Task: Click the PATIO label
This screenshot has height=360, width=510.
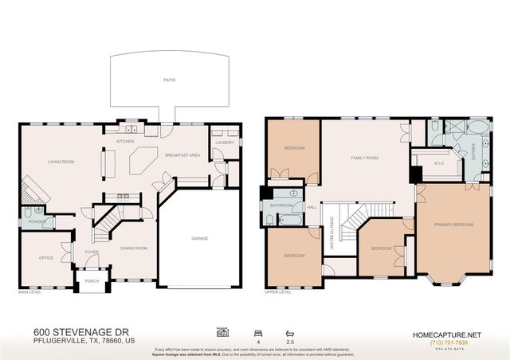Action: tap(170, 80)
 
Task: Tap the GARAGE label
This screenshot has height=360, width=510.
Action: tap(199, 238)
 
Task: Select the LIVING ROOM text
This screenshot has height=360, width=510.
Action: tap(61, 162)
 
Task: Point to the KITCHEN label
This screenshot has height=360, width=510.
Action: tap(125, 141)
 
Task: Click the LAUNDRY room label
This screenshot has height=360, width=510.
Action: tap(224, 143)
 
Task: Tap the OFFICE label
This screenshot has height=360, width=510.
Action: tap(45, 258)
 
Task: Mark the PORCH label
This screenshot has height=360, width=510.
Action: tap(92, 280)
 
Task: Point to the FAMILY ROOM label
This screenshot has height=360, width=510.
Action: tap(365, 158)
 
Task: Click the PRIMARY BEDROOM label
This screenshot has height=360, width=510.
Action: tap(453, 225)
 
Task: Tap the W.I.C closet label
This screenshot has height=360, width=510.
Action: tap(438, 164)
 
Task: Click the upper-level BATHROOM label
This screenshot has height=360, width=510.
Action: tap(282, 205)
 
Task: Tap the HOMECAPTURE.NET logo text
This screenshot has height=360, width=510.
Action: tap(448, 334)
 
